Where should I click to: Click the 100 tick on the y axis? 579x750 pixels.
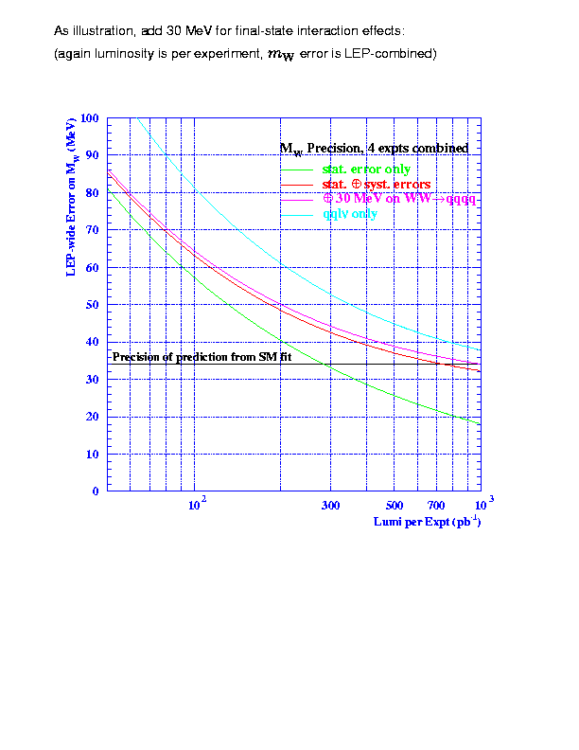90,117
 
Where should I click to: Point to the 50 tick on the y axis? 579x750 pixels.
93,304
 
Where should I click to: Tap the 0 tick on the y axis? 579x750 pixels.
96,491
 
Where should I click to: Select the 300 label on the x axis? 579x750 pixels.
329,505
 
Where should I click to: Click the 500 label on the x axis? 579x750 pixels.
395,505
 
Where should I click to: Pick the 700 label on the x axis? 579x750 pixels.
437,505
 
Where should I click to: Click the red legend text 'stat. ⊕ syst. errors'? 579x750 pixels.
377,184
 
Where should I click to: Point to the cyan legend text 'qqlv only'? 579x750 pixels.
350,214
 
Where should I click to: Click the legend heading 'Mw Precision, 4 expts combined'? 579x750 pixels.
374,149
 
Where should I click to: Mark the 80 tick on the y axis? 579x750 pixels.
93,192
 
